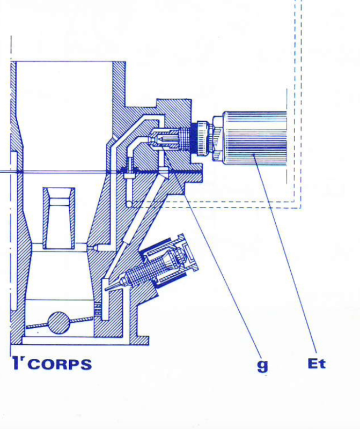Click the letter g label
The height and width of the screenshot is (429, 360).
click(262, 365)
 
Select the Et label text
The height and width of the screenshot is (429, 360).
click(317, 364)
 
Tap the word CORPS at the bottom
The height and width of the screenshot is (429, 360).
click(60, 365)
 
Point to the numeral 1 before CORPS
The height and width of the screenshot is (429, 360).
click(17, 363)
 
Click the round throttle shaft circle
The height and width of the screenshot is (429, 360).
click(58, 323)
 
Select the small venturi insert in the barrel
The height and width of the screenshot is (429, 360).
click(58, 217)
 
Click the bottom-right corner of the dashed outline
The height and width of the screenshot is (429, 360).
click(301, 207)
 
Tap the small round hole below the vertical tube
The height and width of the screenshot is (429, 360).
click(129, 203)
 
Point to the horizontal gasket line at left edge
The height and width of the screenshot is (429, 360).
click(8, 171)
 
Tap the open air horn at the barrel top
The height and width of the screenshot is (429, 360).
click(64, 80)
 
